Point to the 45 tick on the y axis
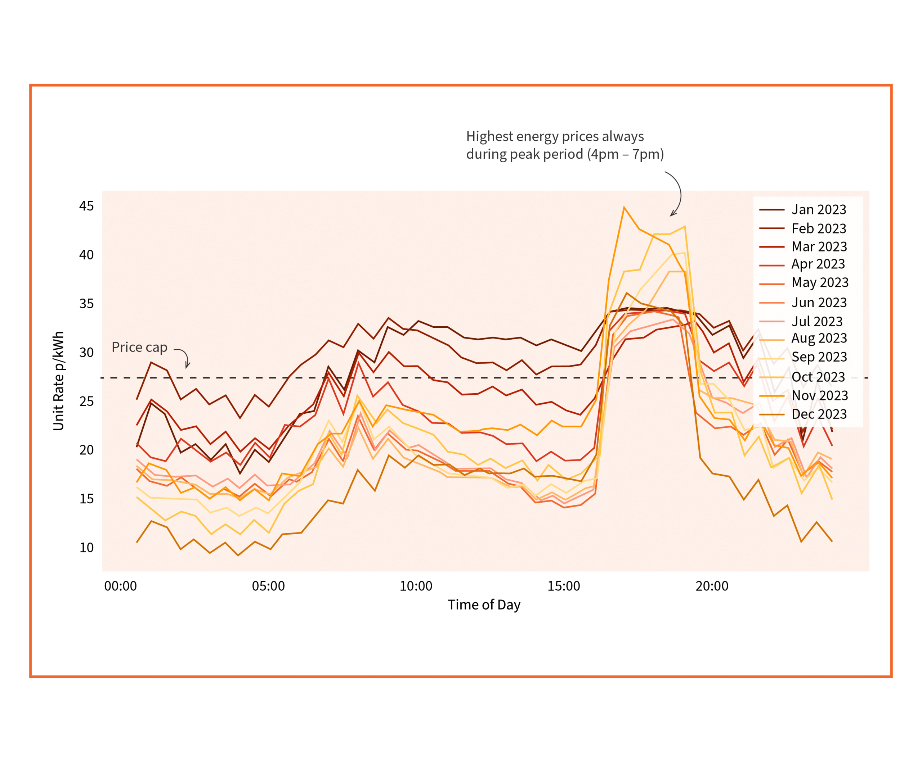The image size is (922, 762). (86, 206)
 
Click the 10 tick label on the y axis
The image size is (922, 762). (86, 548)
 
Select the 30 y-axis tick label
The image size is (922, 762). (86, 352)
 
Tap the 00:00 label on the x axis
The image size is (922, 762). (120, 586)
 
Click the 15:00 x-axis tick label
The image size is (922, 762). (564, 586)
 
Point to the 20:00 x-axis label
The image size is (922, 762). (712, 586)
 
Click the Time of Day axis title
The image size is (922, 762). (484, 605)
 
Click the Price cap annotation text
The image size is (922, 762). (139, 347)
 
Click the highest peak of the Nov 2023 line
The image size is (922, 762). (624, 208)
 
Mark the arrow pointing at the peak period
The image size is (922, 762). (677, 194)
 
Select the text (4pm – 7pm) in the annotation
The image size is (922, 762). (625, 154)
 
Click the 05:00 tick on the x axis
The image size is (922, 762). (268, 586)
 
